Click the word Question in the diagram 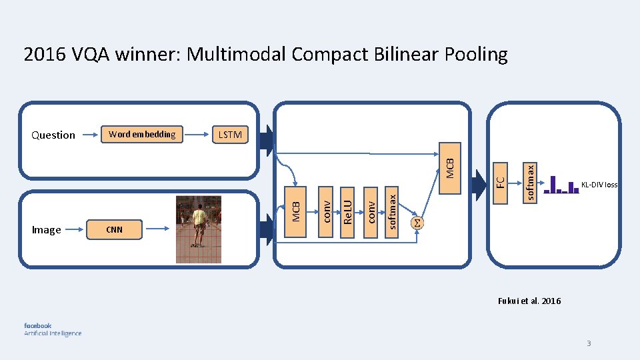(x=53, y=135)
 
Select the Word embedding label (x=142, y=134)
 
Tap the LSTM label (x=230, y=135)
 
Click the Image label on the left (x=46, y=230)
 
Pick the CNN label (x=115, y=230)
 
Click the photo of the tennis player (x=198, y=228)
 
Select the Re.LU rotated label (x=347, y=207)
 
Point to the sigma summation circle (x=417, y=222)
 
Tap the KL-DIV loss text (x=599, y=185)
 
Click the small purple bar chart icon (x=561, y=185)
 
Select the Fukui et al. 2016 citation (x=529, y=301)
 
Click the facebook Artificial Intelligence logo (x=53, y=329)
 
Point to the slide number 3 (x=589, y=343)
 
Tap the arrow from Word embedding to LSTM (x=197, y=135)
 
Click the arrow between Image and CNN (x=77, y=230)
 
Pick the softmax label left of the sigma (x=393, y=211)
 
